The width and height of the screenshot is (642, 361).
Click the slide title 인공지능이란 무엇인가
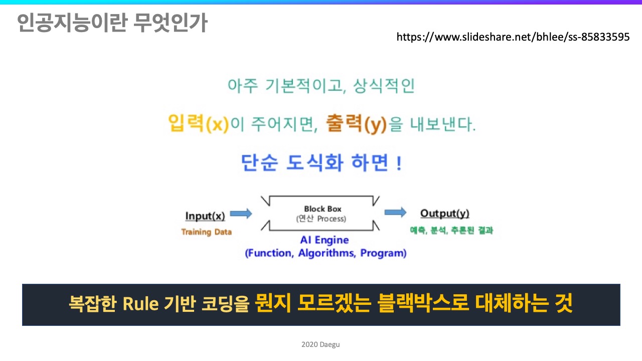click(112, 23)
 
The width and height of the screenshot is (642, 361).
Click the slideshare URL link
click(513, 37)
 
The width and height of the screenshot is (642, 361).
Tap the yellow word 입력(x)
click(198, 123)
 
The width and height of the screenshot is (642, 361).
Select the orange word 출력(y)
click(357, 124)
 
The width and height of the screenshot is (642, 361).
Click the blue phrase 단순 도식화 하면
click(314, 162)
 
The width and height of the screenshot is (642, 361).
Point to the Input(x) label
click(205, 216)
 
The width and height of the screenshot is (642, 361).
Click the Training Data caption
click(206, 232)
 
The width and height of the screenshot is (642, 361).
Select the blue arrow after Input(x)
click(241, 214)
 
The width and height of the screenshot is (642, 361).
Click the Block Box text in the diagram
click(323, 209)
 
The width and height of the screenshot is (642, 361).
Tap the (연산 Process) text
click(321, 219)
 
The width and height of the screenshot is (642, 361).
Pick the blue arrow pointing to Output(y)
click(396, 212)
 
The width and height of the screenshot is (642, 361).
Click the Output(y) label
click(445, 214)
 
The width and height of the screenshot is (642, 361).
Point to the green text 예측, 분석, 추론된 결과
click(451, 230)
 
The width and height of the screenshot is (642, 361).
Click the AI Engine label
click(325, 240)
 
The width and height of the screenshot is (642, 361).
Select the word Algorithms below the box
click(327, 253)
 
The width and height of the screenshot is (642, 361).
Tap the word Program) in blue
click(383, 253)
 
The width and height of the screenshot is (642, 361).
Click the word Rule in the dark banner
click(140, 304)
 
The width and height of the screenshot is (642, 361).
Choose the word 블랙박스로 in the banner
click(423, 303)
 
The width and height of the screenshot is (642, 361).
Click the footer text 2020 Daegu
click(320, 344)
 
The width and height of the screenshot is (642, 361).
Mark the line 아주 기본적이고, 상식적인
click(321, 85)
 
